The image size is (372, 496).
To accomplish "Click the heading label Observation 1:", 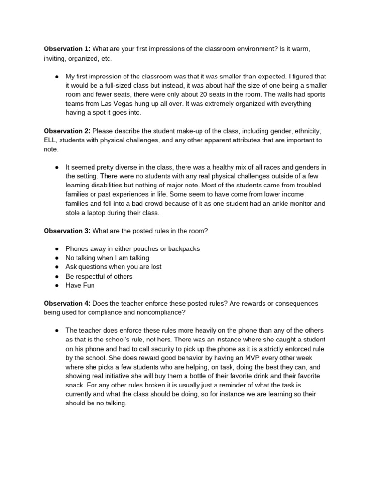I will coord(67,49).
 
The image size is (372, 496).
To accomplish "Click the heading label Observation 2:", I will coord(67,131).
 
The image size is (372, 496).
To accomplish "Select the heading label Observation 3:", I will coord(67,231).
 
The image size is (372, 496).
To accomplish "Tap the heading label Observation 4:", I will coord(67,303).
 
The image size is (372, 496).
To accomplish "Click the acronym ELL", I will coord(51,140).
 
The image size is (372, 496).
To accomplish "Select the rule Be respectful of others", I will coord(99,276).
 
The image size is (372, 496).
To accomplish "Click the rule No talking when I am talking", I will coord(107,258).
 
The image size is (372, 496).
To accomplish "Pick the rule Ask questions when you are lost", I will coord(113,267).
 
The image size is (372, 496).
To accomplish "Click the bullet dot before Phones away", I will coord(57,248).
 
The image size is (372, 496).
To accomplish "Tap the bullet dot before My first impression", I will coord(57,77).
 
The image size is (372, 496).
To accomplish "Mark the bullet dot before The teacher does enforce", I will coord(57,330).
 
